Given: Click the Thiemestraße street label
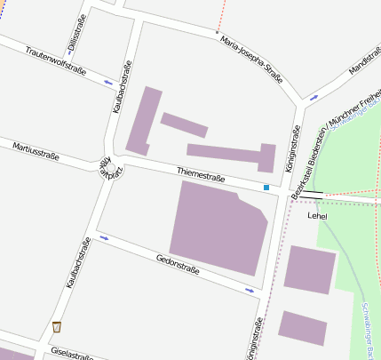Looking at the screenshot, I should pyautogui.click(x=201, y=177).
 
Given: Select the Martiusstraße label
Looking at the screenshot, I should pyautogui.click(x=36, y=150).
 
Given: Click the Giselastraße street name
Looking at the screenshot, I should pyautogui.click(x=73, y=353).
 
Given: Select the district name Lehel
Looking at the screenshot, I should pyautogui.click(x=317, y=215).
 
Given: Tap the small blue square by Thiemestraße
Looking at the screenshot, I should pyautogui.click(x=266, y=188).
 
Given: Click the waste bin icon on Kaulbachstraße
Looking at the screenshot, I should pyautogui.click(x=58, y=326).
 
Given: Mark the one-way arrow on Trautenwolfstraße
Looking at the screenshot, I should pyautogui.click(x=108, y=83).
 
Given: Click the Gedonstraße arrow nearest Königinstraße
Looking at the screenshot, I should pyautogui.click(x=249, y=290).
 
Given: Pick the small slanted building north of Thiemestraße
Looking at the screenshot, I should pyautogui.click(x=184, y=124).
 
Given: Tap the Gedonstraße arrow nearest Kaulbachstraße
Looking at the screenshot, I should pyautogui.click(x=104, y=238).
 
